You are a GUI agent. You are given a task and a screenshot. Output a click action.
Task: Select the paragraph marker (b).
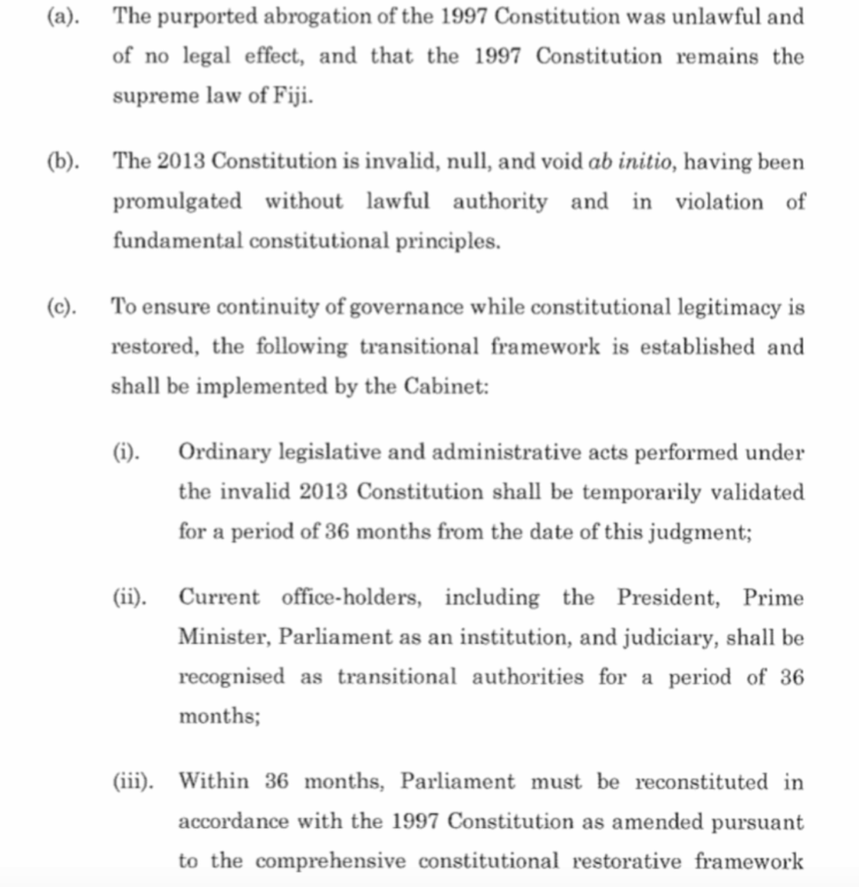coord(62,162)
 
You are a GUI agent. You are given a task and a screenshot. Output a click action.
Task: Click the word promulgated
coord(177,203)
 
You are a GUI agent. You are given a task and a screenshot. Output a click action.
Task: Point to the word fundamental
coord(178,242)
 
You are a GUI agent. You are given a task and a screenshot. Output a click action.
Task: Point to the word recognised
coord(231,677)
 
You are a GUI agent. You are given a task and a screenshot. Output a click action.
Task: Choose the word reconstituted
coord(701,782)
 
